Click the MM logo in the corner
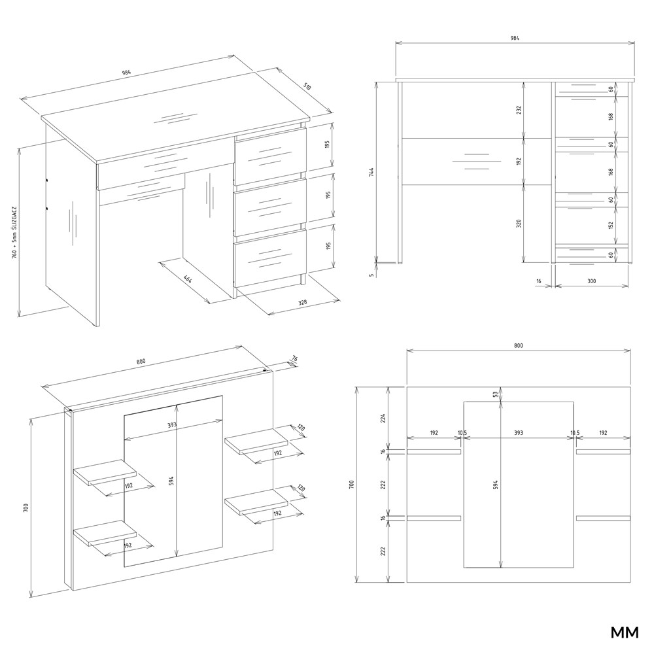point(625,632)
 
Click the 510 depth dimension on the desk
point(307,87)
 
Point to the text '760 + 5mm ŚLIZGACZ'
point(14,231)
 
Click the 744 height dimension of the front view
point(372,172)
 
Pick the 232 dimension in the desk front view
point(519,110)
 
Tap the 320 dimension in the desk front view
point(519,223)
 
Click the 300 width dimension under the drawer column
point(591,281)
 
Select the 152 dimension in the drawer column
point(611,225)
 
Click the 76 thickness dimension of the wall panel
point(294,358)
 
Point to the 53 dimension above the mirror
point(496,394)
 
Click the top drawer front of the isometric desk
point(270,155)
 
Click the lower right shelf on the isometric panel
point(256,503)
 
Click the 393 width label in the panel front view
point(518,433)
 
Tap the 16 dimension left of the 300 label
point(538,281)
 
